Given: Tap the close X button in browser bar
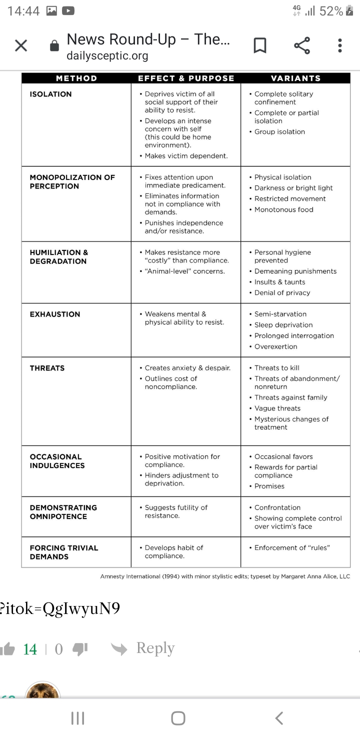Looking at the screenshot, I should tap(21, 46).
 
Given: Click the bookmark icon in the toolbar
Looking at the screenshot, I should tap(259, 46).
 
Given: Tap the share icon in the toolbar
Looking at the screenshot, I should tap(301, 46).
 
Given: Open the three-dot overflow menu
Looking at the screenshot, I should tap(340, 46).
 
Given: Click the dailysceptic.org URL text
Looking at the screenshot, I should tap(107, 55).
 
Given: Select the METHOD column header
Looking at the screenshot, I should tap(76, 78).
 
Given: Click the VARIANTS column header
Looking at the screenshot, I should tap(295, 78).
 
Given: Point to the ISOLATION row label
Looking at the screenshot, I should tap(50, 94).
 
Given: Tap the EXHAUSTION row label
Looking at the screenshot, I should tap(55, 314).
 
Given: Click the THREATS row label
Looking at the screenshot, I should tap(47, 368).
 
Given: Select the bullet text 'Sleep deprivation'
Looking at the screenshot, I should tap(283, 325).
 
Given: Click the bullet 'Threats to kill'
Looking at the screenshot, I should tap(276, 368).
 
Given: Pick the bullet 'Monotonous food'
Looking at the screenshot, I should tap(283, 209).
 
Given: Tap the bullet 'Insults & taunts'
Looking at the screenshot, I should tap(279, 282).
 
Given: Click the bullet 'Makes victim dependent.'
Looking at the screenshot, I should tap(186, 156).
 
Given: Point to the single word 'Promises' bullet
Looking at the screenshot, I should tap(269, 486).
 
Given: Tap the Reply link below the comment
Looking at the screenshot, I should tap(155, 648).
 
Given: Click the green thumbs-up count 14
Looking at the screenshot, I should tap(30, 649).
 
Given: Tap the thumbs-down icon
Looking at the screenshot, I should tap(80, 649).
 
